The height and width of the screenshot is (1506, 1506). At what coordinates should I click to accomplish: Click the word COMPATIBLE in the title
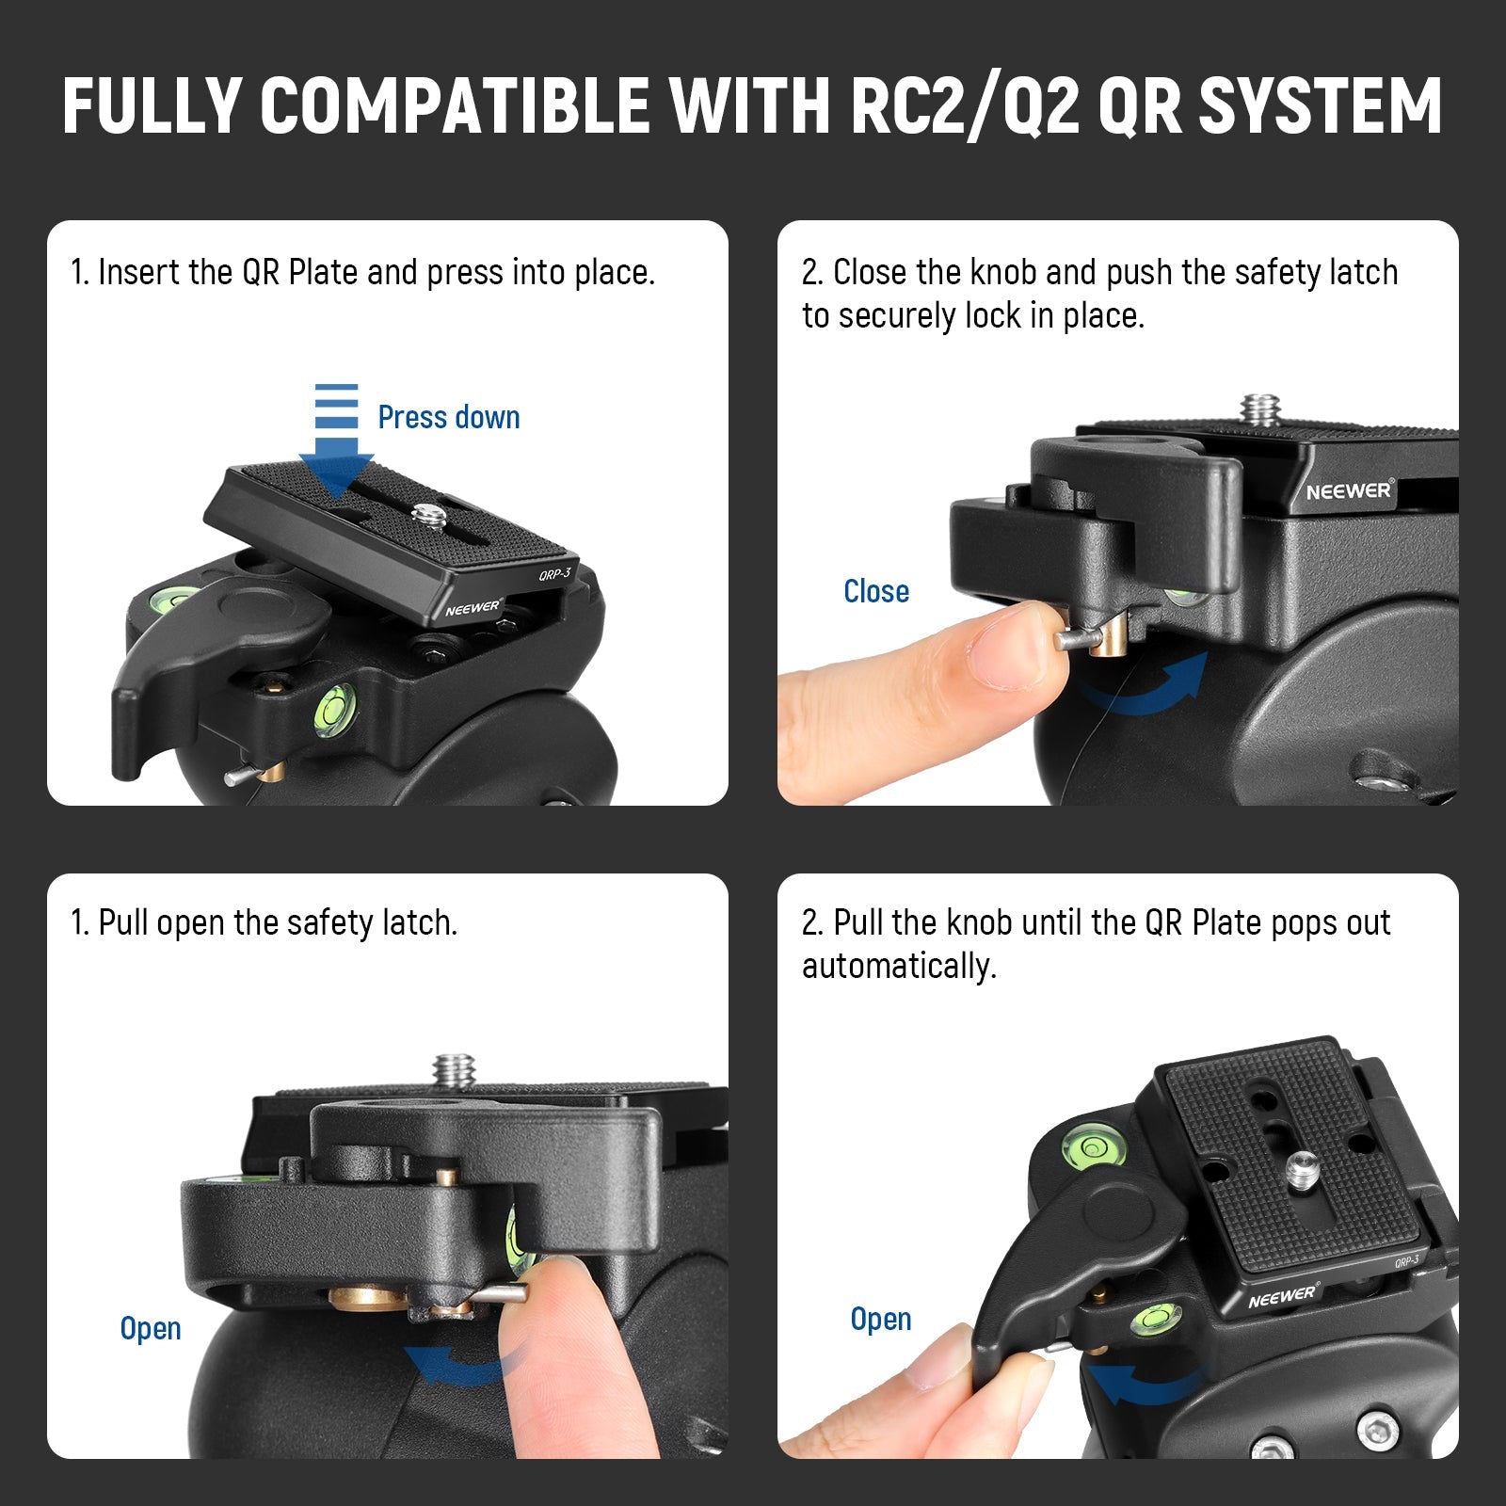(455, 104)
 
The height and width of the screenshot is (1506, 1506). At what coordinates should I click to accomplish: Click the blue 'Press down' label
(449, 417)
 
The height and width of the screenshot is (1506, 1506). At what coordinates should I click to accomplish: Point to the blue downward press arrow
(336, 439)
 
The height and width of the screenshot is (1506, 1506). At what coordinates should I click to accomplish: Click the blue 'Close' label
(876, 591)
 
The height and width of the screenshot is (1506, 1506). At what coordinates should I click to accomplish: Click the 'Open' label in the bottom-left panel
(151, 1328)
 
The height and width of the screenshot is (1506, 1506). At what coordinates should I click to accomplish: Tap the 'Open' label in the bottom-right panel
(881, 1319)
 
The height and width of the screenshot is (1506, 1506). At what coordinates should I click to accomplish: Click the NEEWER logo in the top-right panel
(1349, 490)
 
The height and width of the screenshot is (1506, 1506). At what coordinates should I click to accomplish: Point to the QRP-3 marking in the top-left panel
(555, 573)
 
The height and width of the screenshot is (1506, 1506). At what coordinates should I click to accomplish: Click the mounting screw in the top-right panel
(1261, 410)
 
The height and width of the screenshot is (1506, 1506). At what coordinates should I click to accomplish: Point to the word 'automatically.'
(899, 967)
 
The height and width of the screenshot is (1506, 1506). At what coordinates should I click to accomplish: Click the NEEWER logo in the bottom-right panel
(1284, 1297)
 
